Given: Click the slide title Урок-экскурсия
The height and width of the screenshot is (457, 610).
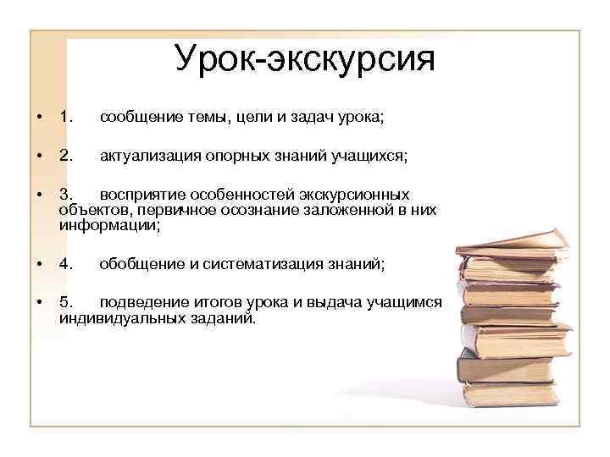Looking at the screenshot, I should [304, 58].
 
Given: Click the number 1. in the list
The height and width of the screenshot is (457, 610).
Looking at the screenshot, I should [67, 118].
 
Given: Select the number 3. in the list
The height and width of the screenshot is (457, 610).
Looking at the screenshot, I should [67, 195].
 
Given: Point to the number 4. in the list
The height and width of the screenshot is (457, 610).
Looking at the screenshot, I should [67, 264].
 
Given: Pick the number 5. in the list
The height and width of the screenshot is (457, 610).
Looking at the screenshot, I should [67, 302].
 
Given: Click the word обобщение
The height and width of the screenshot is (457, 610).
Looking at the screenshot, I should [139, 264].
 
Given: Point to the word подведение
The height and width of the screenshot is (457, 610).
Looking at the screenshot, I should [141, 302].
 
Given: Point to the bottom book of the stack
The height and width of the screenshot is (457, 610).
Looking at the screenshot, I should [508, 394].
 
